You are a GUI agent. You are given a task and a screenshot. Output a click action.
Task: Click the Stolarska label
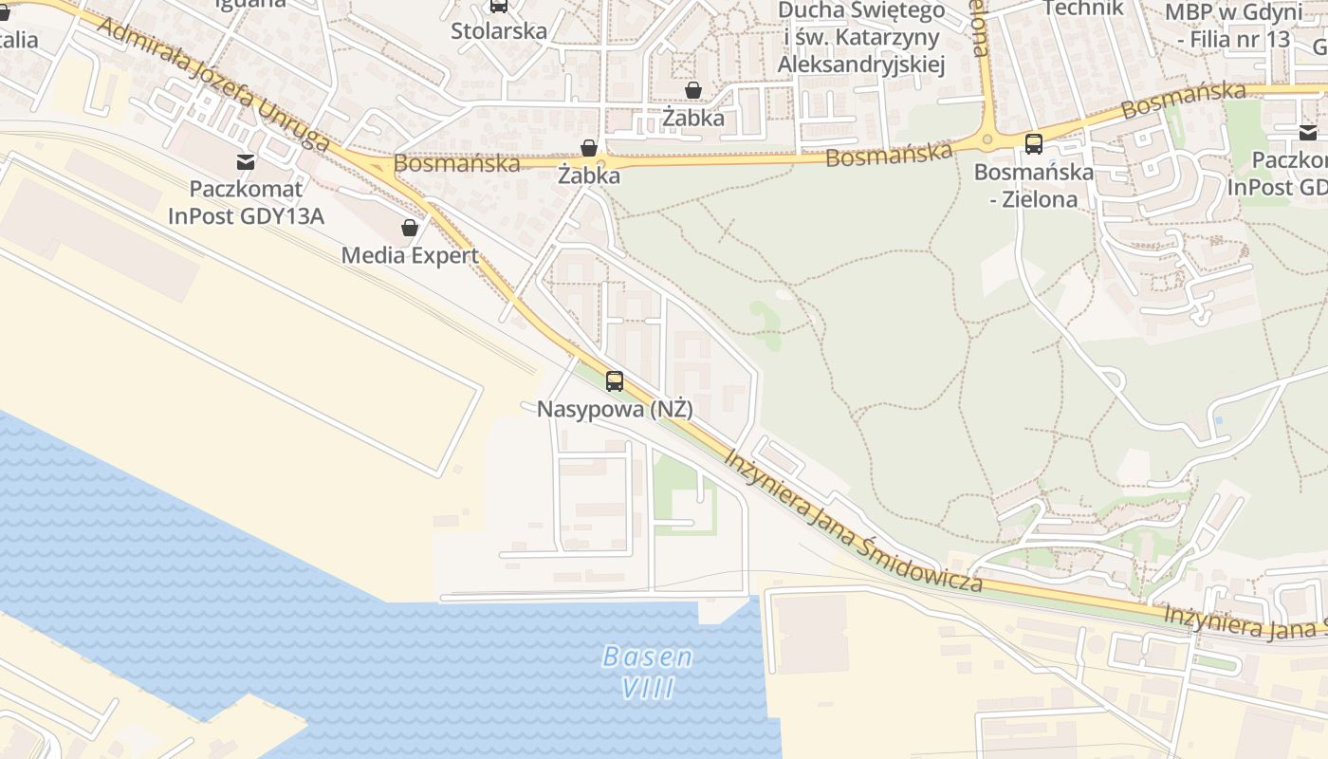pyautogui.click(x=499, y=30)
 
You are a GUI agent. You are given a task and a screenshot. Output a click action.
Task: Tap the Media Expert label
pyautogui.click(x=410, y=255)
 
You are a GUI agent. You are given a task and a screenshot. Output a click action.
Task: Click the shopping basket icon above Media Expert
pyautogui.click(x=410, y=228)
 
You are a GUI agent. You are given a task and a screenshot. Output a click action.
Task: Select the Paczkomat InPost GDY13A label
pyautogui.click(x=246, y=202)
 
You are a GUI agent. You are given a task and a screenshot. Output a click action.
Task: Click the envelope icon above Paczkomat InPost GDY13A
pyautogui.click(x=246, y=161)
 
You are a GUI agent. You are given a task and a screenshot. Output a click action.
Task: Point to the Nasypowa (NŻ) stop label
pyautogui.click(x=615, y=410)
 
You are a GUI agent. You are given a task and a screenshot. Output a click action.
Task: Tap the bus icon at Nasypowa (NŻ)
pyautogui.click(x=615, y=381)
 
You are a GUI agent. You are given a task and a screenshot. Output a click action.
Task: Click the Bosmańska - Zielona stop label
pyautogui.click(x=1033, y=186)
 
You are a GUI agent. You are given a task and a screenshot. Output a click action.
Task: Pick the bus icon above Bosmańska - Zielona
pyautogui.click(x=1034, y=144)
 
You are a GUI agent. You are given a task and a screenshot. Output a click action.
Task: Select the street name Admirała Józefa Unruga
pyautogui.click(x=212, y=83)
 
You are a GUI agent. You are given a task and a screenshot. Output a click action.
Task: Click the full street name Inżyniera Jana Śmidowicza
pyautogui.click(x=854, y=520)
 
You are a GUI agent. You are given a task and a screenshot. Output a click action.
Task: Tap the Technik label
pyautogui.click(x=1083, y=9)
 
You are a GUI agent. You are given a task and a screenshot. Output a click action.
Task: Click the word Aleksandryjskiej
pyautogui.click(x=861, y=64)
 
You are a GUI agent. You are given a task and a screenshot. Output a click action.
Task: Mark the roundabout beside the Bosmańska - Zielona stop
pyautogui.click(x=988, y=140)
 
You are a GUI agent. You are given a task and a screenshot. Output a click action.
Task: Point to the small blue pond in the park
pyautogui.click(x=1218, y=419)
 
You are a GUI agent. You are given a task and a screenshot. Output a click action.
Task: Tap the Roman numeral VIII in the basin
pyautogui.click(x=649, y=688)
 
